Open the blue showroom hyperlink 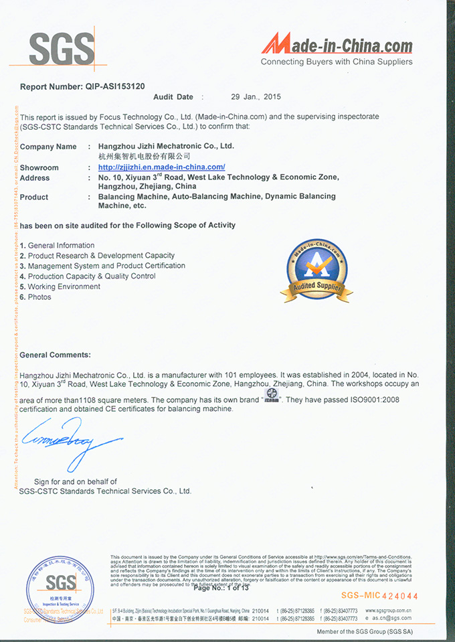161,167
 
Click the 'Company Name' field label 48,146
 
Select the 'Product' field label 34,197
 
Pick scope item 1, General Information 58,246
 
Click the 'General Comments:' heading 55,355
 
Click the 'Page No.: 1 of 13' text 221,588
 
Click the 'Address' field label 35,178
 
